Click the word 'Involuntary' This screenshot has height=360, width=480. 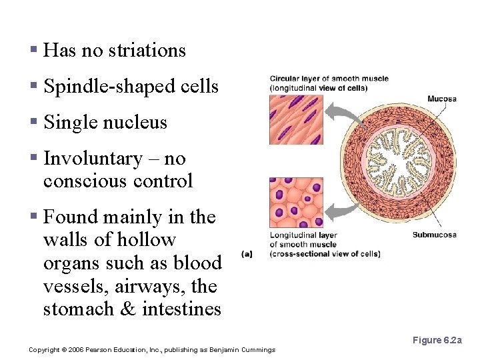point(93,159)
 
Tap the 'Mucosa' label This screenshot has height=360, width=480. point(441,99)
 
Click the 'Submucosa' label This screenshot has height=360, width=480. point(434,235)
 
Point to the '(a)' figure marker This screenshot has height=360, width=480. point(247,253)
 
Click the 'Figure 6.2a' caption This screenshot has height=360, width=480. point(437,341)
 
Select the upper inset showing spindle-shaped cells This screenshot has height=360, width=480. point(296,119)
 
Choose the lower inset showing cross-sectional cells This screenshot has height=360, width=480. point(296,202)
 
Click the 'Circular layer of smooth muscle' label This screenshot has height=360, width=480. point(329,79)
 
